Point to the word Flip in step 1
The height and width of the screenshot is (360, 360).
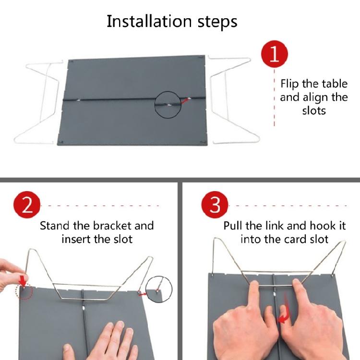(x=289, y=84)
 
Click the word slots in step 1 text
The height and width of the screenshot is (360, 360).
(x=314, y=110)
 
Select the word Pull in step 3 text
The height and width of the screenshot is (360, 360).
(x=233, y=226)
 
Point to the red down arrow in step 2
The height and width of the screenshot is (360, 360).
(x=22, y=280)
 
